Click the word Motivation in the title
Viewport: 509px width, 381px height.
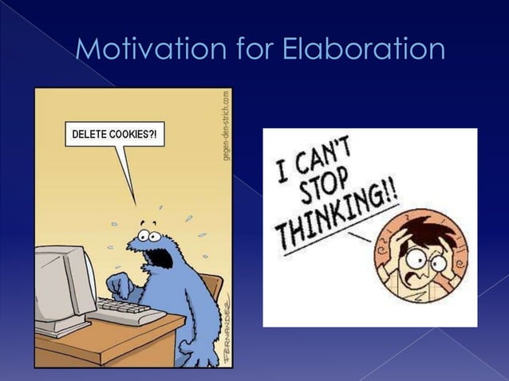(x=149, y=49)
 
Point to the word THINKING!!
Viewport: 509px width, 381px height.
(x=327, y=208)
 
